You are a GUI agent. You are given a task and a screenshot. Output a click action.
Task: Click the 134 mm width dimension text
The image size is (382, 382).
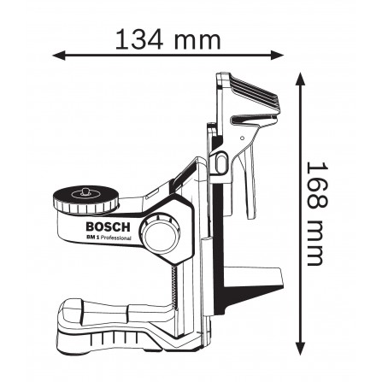click(167, 39)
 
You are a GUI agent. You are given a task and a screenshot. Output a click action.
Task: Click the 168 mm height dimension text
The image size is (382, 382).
click(317, 215)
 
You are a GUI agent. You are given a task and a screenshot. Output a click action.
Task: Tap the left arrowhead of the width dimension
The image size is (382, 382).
click(59, 56)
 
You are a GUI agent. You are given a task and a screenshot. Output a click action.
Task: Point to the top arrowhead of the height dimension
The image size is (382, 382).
click(300, 79)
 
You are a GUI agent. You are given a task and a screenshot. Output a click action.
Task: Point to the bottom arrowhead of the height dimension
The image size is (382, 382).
click(300, 349)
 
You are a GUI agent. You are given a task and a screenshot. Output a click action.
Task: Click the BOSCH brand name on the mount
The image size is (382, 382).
click(108, 227)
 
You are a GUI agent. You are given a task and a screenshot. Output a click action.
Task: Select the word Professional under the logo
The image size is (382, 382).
click(116, 238)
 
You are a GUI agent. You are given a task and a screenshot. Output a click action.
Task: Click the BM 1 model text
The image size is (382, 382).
click(92, 237)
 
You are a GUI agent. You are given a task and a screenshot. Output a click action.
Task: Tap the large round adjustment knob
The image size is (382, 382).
click(162, 232)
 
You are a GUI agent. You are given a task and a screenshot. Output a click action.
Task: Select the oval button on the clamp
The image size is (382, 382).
click(221, 162)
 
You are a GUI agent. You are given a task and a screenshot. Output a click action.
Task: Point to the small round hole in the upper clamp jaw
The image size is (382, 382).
click(242, 138)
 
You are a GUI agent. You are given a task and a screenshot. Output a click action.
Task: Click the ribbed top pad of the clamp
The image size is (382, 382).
click(255, 91)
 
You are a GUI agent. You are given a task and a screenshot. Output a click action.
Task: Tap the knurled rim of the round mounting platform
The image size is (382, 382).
click(85, 207)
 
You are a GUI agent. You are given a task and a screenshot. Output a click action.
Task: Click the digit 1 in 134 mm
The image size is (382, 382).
click(121, 39)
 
